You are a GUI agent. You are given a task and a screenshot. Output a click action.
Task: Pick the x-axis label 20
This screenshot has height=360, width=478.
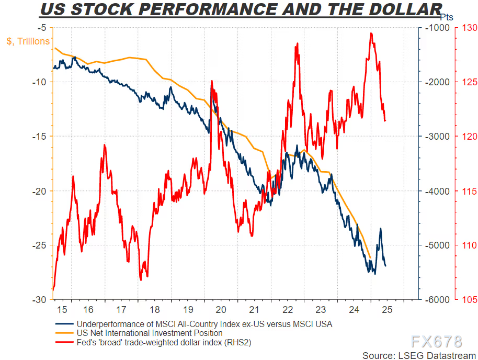[221, 309]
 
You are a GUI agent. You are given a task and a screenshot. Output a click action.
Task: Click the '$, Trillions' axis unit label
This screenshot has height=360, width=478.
[28, 41]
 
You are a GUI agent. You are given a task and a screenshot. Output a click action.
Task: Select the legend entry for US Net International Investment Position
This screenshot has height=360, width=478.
[149, 333]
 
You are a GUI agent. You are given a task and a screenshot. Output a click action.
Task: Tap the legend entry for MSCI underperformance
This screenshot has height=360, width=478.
[204, 324]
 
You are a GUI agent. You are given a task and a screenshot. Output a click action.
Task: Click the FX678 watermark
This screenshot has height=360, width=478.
[436, 342]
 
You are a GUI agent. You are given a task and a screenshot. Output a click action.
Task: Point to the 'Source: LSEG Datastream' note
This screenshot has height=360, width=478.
[416, 355]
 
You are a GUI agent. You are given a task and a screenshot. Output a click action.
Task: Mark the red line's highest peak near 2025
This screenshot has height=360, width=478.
[371, 33]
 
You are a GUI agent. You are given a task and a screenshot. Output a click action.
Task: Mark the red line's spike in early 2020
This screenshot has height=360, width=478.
[212, 81]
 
